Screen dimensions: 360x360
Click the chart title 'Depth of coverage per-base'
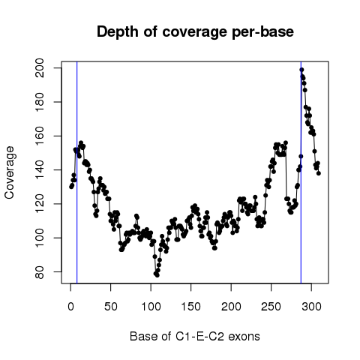pos(195,32)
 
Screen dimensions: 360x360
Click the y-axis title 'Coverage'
pos(9,172)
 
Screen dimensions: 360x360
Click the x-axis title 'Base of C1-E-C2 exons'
pos(195,336)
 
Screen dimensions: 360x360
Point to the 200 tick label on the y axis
pos(40,68)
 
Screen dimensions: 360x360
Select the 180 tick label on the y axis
pos(40,102)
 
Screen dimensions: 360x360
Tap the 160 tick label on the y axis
pos(40,136)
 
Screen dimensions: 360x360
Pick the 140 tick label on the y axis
pos(40,170)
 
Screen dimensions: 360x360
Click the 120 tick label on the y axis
pos(40,204)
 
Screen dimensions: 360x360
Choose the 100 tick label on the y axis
pos(40,238)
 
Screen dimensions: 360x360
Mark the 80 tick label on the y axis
pos(40,272)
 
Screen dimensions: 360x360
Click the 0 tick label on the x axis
pos(70,307)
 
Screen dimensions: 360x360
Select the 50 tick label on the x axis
pos(111,307)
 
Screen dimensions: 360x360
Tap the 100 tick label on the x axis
pos(151,307)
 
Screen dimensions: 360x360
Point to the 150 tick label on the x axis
pos(191,307)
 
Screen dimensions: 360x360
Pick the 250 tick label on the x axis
pos(271,307)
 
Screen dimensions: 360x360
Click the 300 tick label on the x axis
pos(311,307)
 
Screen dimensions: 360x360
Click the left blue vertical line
pos(77,172)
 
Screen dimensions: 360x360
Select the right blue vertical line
pos(301,172)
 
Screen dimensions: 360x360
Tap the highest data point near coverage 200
pos(301,70)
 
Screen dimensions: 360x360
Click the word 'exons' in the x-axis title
pos(244,337)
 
